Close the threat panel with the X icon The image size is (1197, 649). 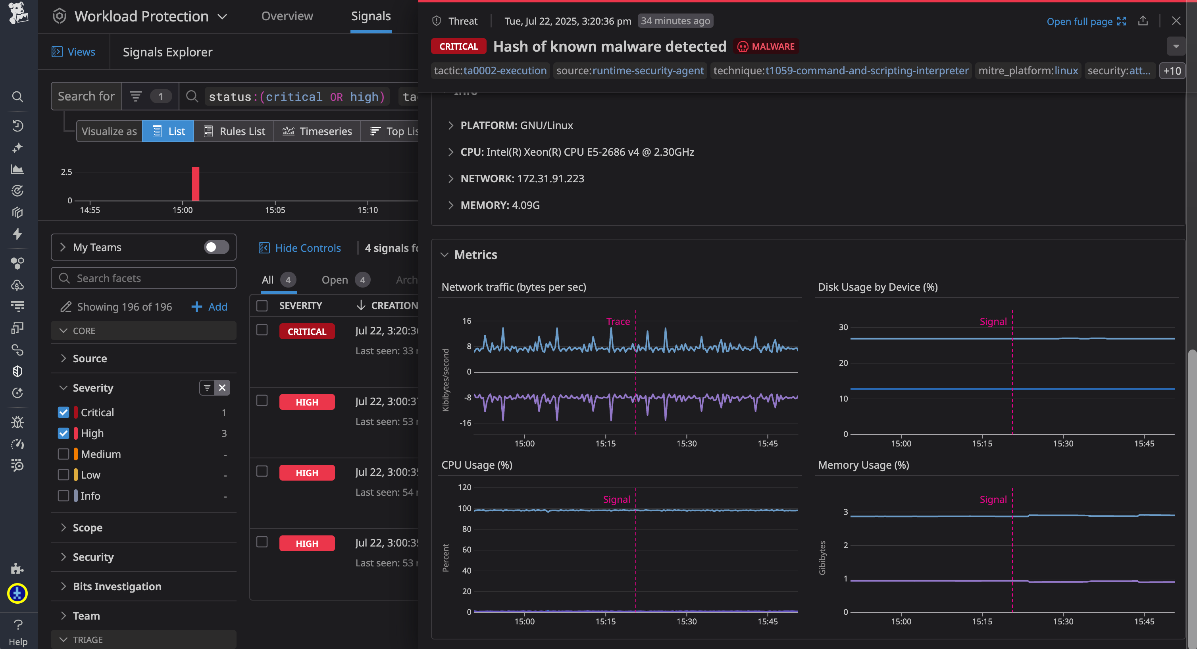pyautogui.click(x=1176, y=21)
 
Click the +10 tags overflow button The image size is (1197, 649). pyautogui.click(x=1172, y=71)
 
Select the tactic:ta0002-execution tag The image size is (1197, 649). pyautogui.click(x=490, y=71)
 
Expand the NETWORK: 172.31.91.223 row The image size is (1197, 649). pyautogui.click(x=522, y=178)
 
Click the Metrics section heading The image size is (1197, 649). pyautogui.click(x=475, y=255)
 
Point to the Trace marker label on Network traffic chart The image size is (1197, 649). pyautogui.click(x=618, y=321)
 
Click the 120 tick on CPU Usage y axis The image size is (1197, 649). pyautogui.click(x=464, y=487)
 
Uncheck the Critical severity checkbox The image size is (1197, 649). pyautogui.click(x=64, y=412)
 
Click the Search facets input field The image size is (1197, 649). pyautogui.click(x=144, y=278)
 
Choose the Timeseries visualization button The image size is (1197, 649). pyautogui.click(x=318, y=131)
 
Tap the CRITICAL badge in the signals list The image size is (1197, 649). pyautogui.click(x=307, y=332)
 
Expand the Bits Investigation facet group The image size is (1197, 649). pyautogui.click(x=117, y=586)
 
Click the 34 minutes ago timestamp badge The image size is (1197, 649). pyautogui.click(x=675, y=21)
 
